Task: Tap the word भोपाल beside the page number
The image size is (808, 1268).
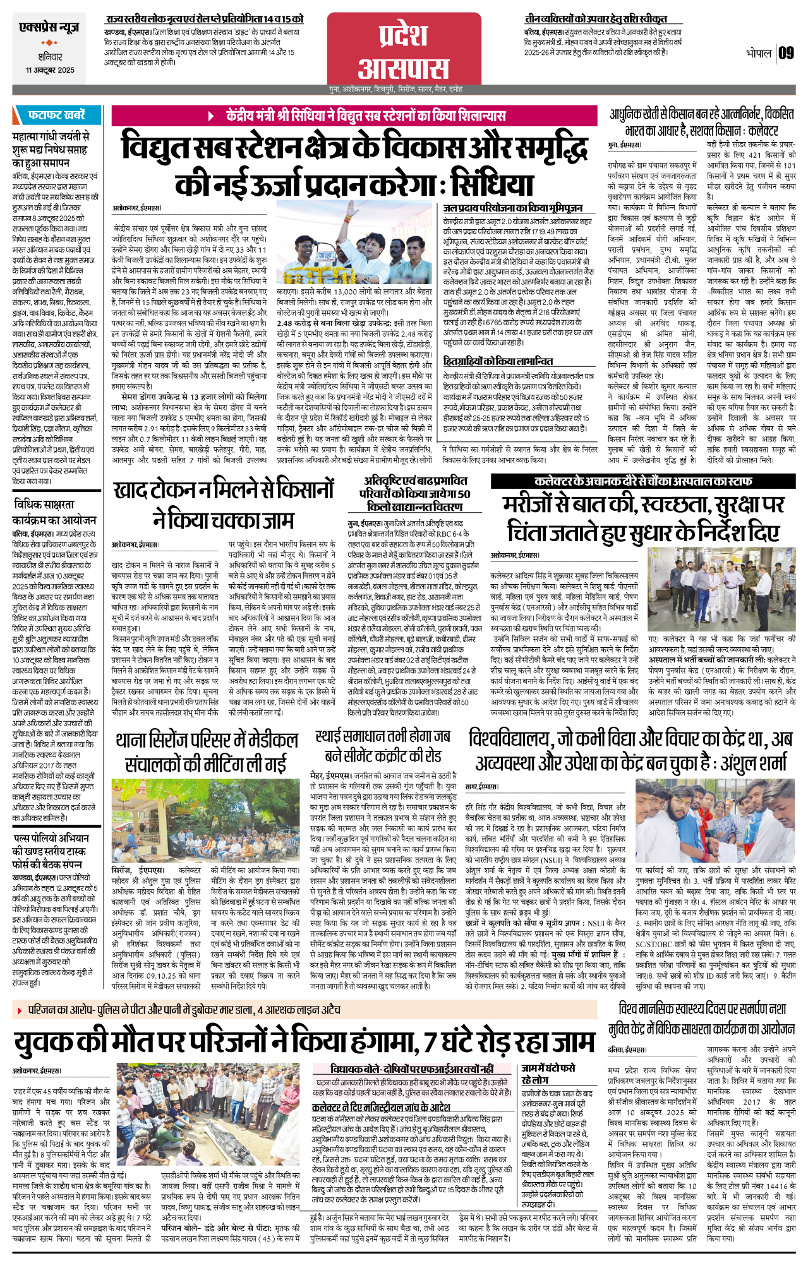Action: click(758, 53)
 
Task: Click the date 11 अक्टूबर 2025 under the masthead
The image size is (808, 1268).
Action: click(50, 70)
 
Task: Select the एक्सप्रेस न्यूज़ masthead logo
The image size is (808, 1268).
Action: click(49, 28)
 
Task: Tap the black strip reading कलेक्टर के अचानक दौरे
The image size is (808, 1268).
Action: click(642, 481)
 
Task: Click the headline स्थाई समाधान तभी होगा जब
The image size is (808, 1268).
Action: click(383, 736)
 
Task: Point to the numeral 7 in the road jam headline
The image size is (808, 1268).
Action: click(431, 1041)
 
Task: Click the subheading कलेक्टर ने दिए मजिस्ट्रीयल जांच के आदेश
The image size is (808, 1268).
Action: click(381, 1107)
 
